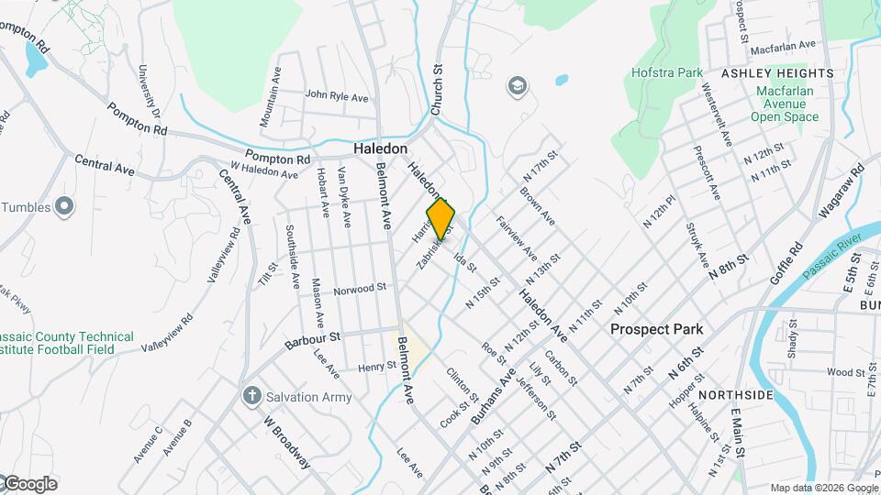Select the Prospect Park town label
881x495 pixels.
(x=657, y=329)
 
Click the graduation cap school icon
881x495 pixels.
(x=518, y=86)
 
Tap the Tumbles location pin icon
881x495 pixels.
(x=63, y=207)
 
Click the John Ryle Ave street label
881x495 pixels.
(x=336, y=95)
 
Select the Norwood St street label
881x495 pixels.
(x=359, y=288)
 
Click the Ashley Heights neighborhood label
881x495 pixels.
(x=776, y=72)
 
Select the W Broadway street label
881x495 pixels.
(x=286, y=444)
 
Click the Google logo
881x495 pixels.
(x=29, y=484)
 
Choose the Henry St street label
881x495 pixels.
(x=376, y=366)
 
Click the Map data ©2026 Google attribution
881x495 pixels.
(x=822, y=488)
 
